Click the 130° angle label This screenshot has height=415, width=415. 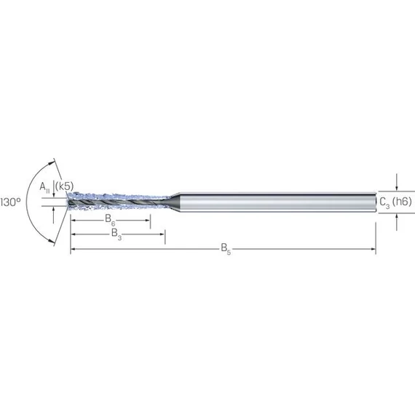[x=10, y=202]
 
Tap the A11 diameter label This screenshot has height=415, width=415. [x=44, y=187]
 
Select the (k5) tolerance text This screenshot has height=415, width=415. [x=64, y=186]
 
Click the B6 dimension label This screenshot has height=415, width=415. [x=110, y=220]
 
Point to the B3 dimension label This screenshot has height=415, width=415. [x=116, y=234]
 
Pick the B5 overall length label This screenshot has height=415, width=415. [x=226, y=248]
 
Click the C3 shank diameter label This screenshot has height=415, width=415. [x=384, y=202]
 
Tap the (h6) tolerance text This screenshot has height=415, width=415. [x=402, y=202]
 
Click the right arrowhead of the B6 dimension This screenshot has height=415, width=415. [x=148, y=220]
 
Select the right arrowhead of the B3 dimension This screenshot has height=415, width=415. [x=162, y=234]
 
